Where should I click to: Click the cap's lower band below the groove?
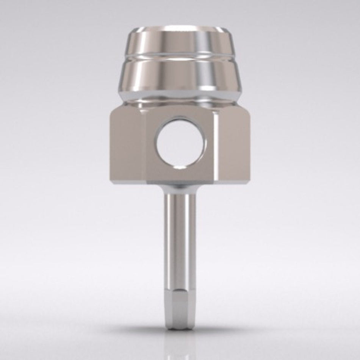point(180,78)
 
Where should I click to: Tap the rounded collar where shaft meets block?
point(180,187)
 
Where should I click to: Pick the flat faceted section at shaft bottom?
point(180,309)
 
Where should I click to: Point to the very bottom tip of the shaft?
point(180,329)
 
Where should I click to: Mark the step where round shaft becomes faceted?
point(180,290)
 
